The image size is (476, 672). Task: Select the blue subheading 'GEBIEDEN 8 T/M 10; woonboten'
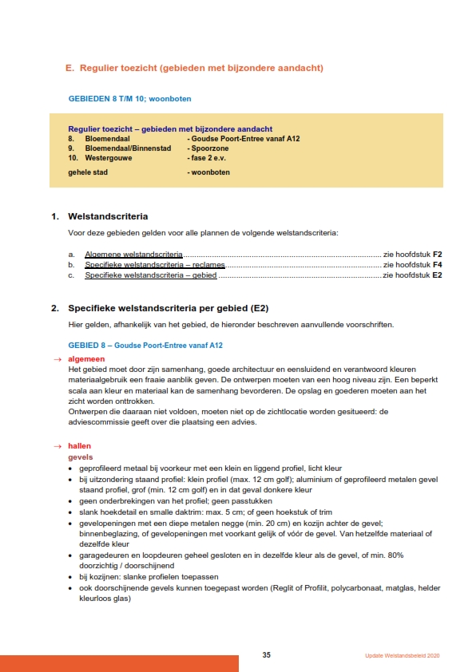click(129, 99)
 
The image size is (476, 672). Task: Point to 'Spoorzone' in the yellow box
click(207, 148)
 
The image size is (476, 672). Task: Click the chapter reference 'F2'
click(438, 253)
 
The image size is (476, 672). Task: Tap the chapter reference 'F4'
click(438, 264)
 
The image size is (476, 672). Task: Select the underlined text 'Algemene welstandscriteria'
click(133, 253)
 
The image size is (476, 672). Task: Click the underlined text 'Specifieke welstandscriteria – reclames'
click(155, 264)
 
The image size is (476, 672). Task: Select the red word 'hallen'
click(80, 445)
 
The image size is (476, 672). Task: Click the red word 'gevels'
click(80, 457)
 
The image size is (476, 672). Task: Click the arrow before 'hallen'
click(58, 445)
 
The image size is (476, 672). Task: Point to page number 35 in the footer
click(267, 654)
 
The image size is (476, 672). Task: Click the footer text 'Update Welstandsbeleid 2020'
click(403, 655)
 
